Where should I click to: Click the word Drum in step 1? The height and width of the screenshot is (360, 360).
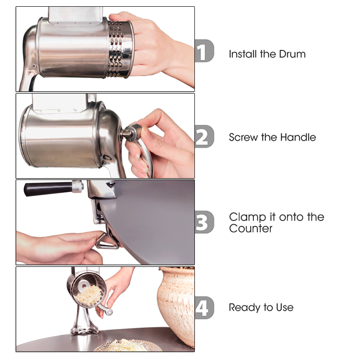click(292, 54)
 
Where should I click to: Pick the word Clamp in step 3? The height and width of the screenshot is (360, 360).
click(245, 217)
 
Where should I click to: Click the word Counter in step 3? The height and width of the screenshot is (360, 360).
click(251, 229)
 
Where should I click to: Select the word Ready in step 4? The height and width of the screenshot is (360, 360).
click(243, 308)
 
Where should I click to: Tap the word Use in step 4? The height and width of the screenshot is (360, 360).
click(284, 308)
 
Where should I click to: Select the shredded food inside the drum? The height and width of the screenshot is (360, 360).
click(87, 295)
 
